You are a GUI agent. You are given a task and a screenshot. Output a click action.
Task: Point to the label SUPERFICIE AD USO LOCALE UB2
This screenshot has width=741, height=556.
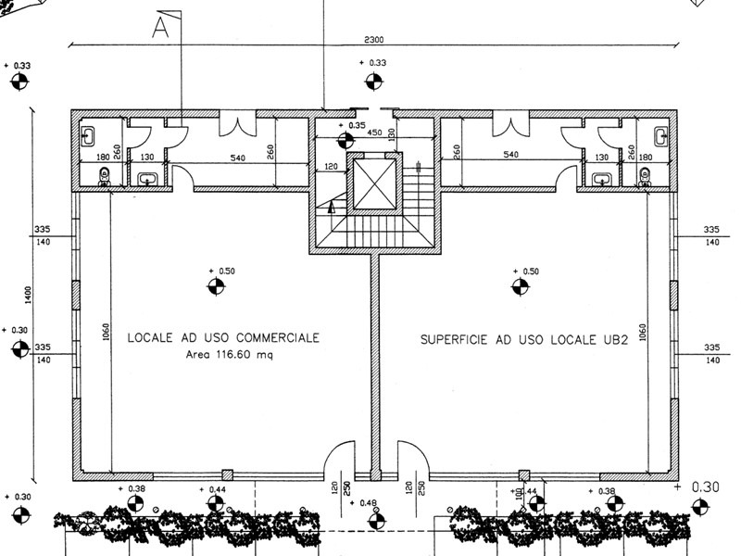[x=525, y=340]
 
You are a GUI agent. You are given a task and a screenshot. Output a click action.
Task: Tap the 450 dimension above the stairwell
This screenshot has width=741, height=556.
[x=374, y=133]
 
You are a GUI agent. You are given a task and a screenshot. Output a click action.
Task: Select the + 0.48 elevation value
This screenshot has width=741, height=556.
[x=369, y=503]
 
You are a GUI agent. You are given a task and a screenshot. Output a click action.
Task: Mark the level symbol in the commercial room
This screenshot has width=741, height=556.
[x=215, y=286]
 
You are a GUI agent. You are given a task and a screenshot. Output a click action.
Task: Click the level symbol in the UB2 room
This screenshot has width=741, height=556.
[x=519, y=286]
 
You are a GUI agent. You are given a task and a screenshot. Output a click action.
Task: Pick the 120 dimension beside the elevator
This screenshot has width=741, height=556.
[x=329, y=167]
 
